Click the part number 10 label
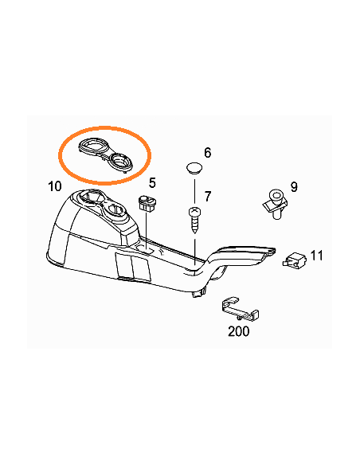54,186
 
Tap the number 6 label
207,152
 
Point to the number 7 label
207,196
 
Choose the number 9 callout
293,187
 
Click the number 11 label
316,256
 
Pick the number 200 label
239,330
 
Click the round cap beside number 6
194,168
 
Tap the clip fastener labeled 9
274,201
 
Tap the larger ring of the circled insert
89,146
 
